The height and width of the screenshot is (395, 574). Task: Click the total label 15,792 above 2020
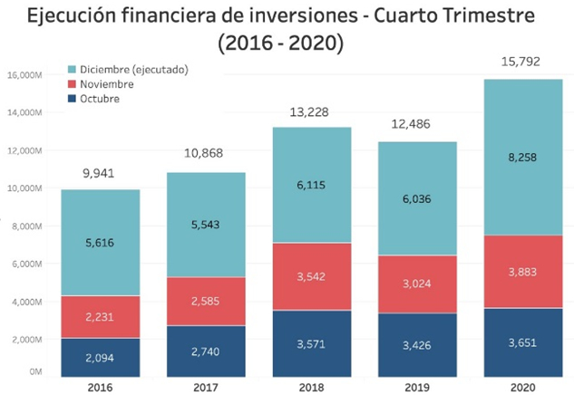(x=520, y=61)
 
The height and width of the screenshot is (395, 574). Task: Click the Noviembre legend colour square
(x=72, y=84)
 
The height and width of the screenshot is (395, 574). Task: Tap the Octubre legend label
(x=102, y=99)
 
